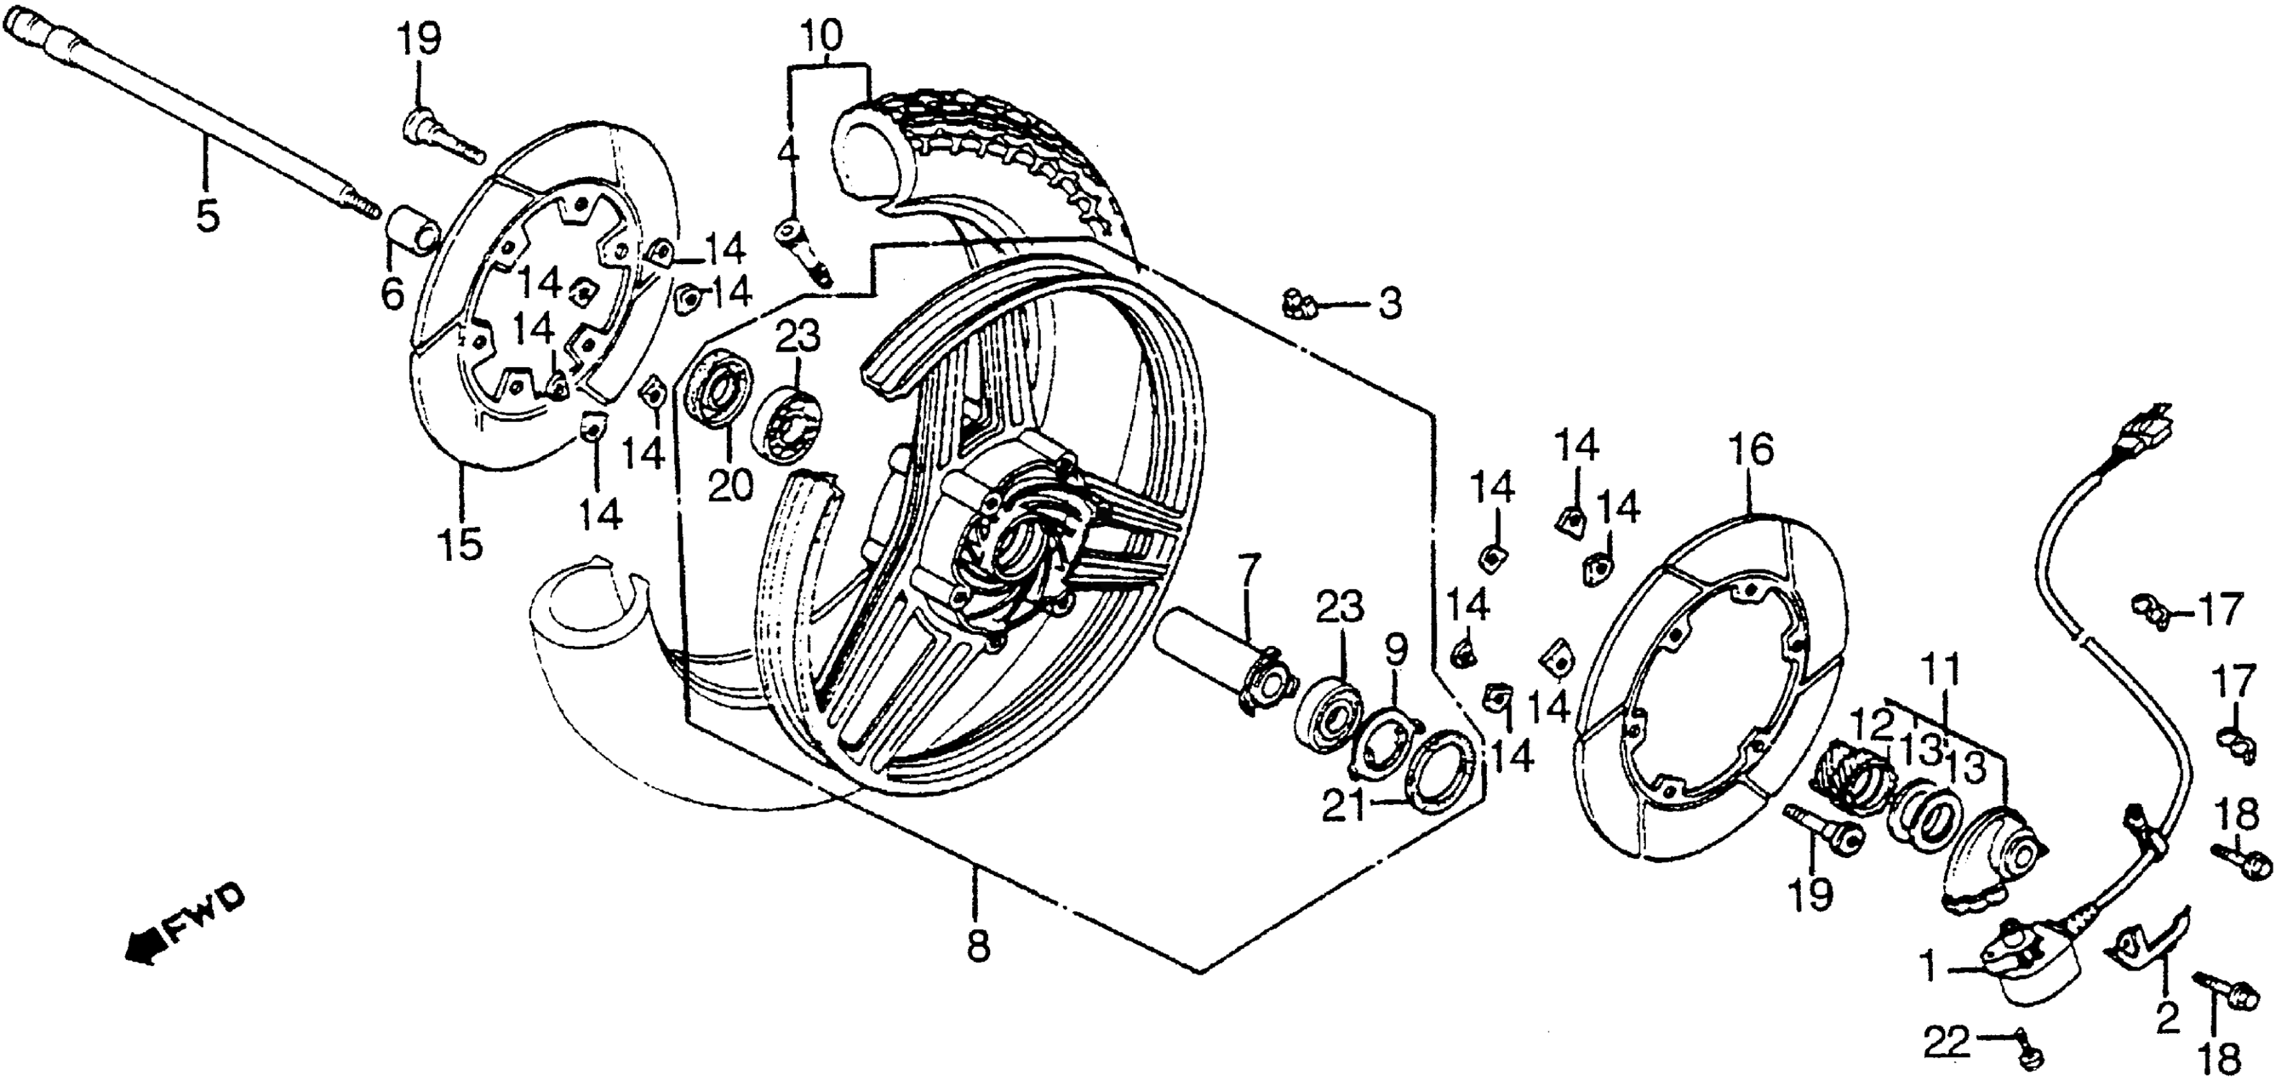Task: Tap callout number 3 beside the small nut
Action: pyautogui.click(x=1388, y=306)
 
